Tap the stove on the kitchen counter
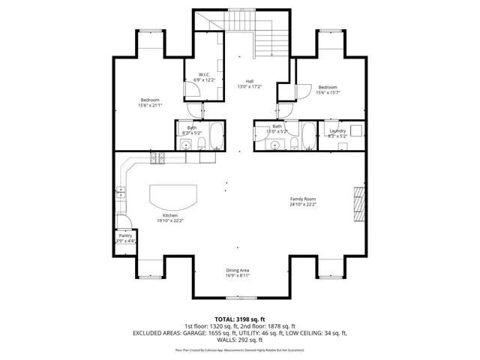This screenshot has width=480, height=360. (157, 158)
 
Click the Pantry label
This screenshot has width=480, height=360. (125, 235)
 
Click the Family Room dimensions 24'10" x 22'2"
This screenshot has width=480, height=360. (304, 204)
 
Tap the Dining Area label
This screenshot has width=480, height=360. (238, 270)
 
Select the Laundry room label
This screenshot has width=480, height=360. (337, 131)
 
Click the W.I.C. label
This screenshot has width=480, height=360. (204, 74)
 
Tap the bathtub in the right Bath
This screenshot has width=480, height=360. (308, 135)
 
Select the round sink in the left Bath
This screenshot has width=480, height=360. (184, 145)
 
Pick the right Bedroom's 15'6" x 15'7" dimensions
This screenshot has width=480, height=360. (328, 92)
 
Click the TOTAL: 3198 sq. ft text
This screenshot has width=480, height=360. (240, 319)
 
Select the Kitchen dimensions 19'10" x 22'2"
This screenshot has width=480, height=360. (170, 220)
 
